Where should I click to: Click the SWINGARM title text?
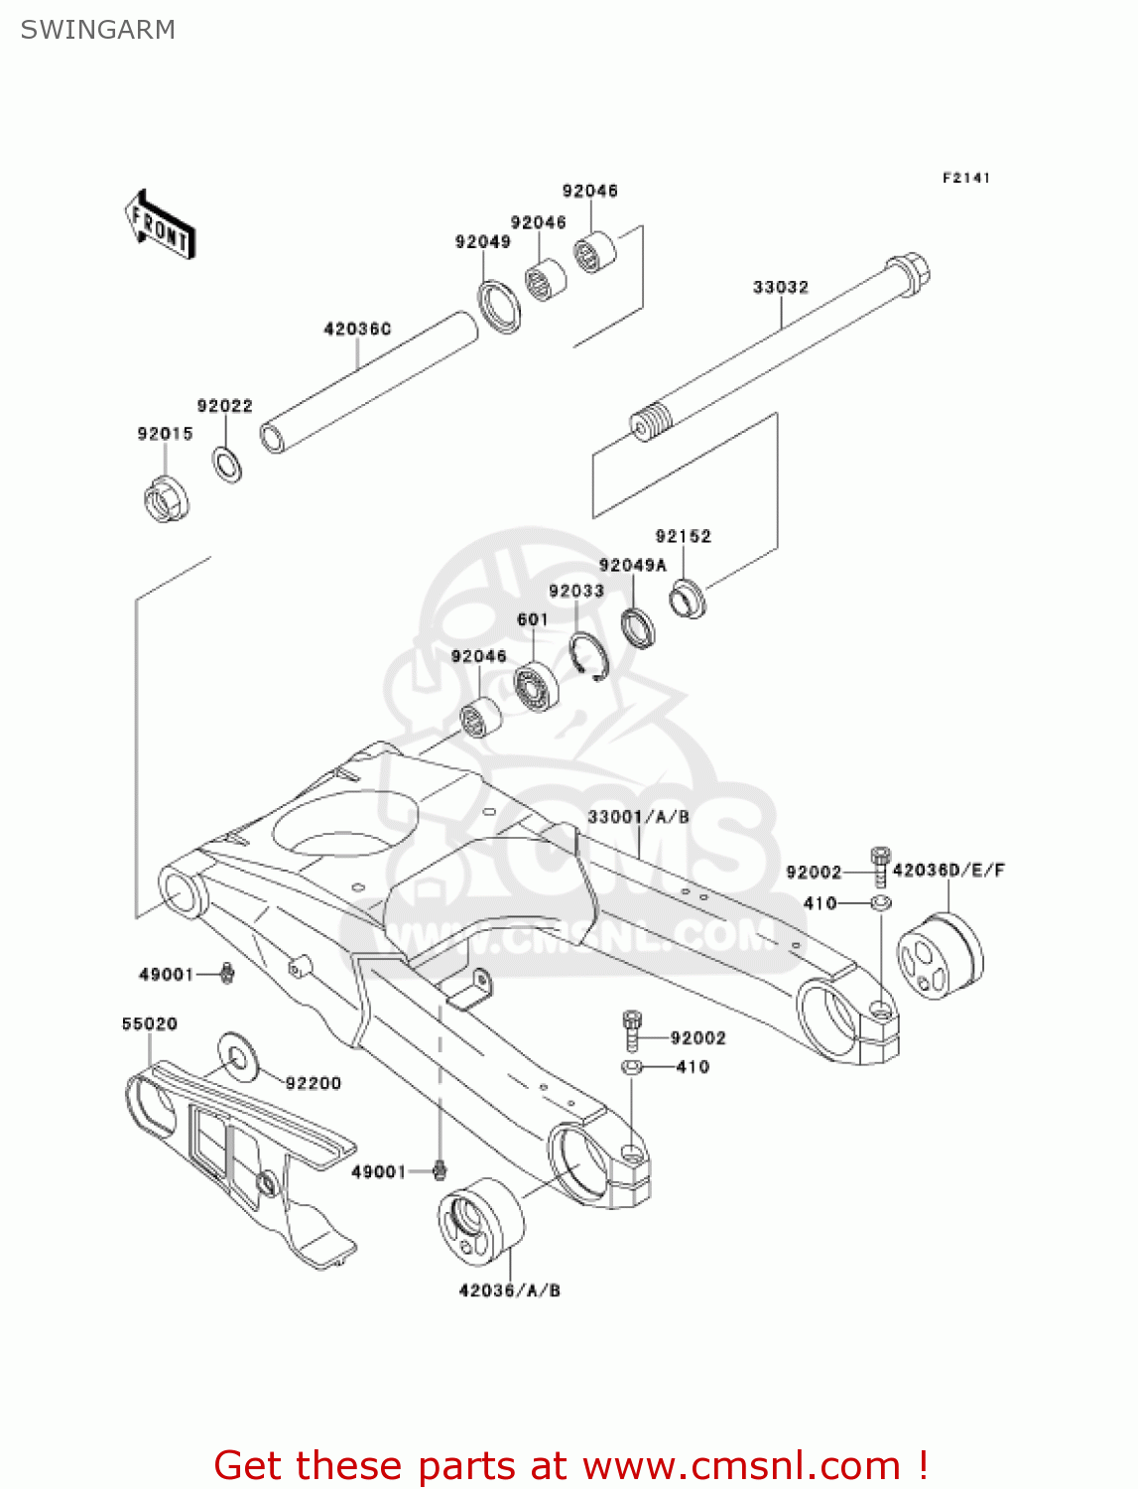click(97, 30)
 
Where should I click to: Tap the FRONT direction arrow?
click(160, 225)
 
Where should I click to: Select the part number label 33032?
click(780, 288)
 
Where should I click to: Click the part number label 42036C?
click(357, 329)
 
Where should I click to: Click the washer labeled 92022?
click(227, 464)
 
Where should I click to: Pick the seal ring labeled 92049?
click(499, 306)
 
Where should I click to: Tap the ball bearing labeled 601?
click(536, 685)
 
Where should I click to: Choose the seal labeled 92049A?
click(638, 627)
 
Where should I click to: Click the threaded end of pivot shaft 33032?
click(652, 423)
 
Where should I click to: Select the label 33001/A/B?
click(638, 817)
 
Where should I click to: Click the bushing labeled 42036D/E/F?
click(940, 955)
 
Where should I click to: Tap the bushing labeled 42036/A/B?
click(480, 1222)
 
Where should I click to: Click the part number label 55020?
click(149, 1023)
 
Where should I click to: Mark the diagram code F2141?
click(965, 178)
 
